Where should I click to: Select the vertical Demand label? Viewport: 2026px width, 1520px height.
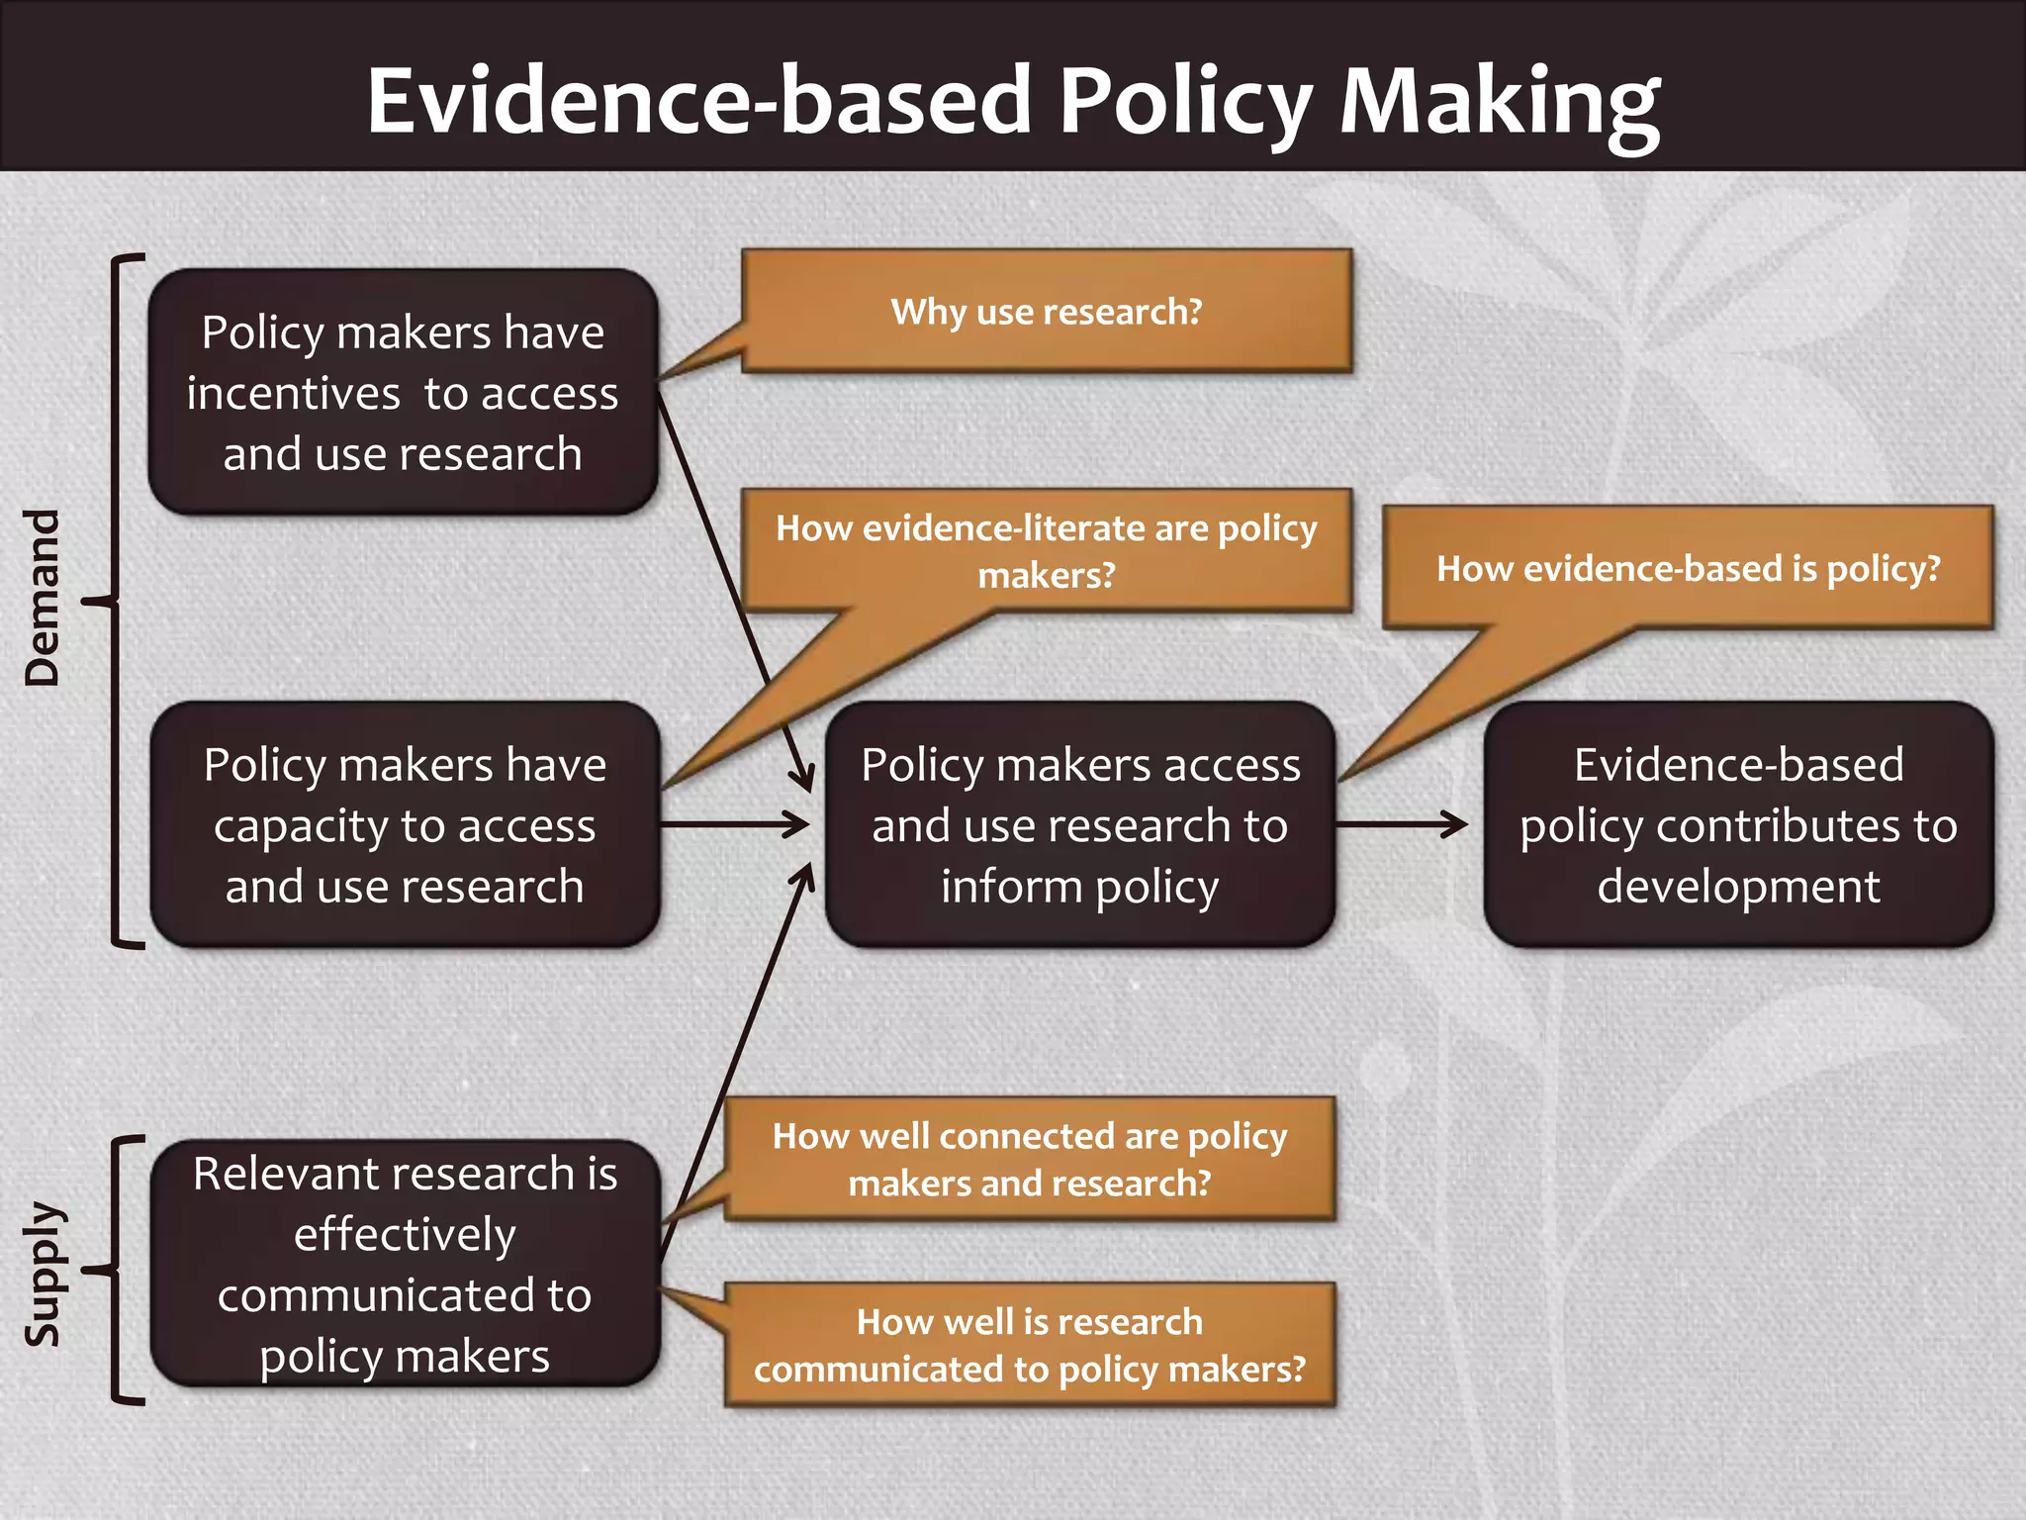[x=43, y=598]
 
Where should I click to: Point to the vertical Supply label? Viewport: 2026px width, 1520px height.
[x=43, y=1273]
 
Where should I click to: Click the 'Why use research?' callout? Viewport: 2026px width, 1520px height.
[x=1047, y=312]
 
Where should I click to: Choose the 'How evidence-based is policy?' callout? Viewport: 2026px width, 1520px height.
[x=1688, y=568]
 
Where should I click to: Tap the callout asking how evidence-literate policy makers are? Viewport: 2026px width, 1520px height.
[x=1047, y=550]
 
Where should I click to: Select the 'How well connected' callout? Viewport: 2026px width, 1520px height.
[x=1029, y=1159]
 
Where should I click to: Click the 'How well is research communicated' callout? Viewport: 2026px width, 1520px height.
[x=1029, y=1345]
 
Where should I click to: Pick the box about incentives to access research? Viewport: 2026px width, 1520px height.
[x=403, y=392]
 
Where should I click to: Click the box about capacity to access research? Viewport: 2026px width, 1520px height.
[x=405, y=824]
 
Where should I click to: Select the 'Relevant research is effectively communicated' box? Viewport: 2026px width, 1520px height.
[x=405, y=1264]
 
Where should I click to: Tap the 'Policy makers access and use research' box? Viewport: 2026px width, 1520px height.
[x=1080, y=824]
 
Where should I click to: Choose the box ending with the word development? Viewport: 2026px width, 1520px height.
[x=1738, y=824]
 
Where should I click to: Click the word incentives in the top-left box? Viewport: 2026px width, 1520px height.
[x=293, y=394]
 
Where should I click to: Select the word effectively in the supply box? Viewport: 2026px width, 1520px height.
[x=405, y=1235]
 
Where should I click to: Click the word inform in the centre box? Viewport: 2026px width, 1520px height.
[x=1011, y=886]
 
